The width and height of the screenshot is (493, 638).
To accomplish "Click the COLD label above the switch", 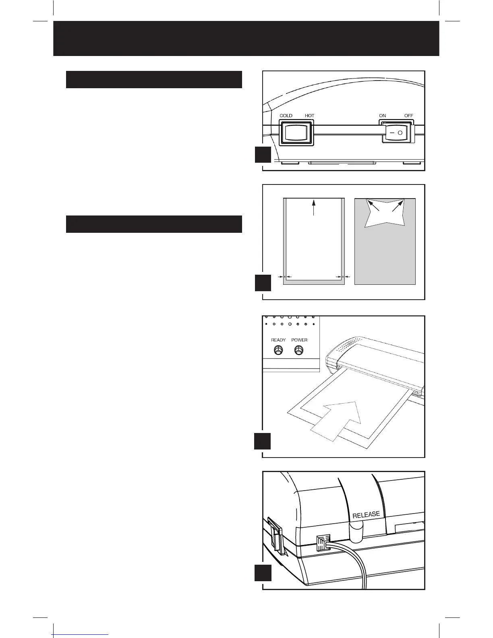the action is tap(286, 116).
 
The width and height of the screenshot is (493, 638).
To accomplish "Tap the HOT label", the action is tap(309, 116).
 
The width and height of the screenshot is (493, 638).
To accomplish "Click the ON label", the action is tap(382, 116).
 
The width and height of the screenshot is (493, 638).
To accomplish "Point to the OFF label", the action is tap(408, 116).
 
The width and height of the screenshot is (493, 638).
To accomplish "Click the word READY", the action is tap(278, 340).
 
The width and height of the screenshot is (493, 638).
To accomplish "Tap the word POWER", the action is tap(299, 340).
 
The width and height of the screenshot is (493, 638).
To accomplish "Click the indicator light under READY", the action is tap(278, 350).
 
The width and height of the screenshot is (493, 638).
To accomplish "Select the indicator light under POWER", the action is tap(298, 350).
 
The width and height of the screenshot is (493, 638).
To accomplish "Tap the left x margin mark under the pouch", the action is tap(285, 277).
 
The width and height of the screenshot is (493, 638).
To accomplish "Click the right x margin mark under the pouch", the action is tap(342, 277).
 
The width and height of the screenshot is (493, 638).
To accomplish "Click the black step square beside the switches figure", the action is tap(263, 155).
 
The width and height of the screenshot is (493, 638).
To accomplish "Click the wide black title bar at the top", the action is tap(246, 38).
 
